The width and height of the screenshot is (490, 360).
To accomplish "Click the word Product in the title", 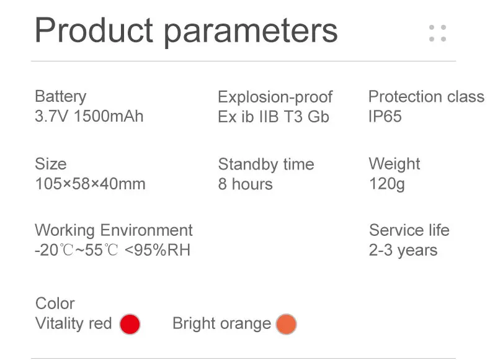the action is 94,31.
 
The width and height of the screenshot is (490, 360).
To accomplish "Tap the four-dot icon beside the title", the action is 437,33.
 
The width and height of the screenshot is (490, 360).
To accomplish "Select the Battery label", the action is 61,97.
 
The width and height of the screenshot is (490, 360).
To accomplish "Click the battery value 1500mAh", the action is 109,116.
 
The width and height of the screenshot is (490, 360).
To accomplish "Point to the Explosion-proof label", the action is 275,97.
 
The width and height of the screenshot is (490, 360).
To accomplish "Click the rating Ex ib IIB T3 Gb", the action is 274,117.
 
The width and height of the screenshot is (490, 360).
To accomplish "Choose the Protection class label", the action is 426,96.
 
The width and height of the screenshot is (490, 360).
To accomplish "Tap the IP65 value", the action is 385,116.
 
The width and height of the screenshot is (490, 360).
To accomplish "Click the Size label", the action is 51,164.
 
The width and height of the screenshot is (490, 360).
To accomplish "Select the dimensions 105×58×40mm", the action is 91,184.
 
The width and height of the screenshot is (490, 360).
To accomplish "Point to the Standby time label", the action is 266,164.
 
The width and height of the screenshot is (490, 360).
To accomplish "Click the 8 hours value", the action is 246,184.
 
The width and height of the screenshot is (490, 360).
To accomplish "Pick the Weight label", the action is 394,164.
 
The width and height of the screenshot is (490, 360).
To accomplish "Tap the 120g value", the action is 387,184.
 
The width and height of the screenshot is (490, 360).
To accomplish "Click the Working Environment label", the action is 114,230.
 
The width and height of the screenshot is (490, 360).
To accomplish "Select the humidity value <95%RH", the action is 158,250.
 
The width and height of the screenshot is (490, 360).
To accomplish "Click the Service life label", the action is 409,230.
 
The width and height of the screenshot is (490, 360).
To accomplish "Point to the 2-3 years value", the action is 403,251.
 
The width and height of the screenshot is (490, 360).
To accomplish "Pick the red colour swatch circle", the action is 130,325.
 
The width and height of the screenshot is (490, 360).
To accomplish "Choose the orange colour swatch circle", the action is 287,325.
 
